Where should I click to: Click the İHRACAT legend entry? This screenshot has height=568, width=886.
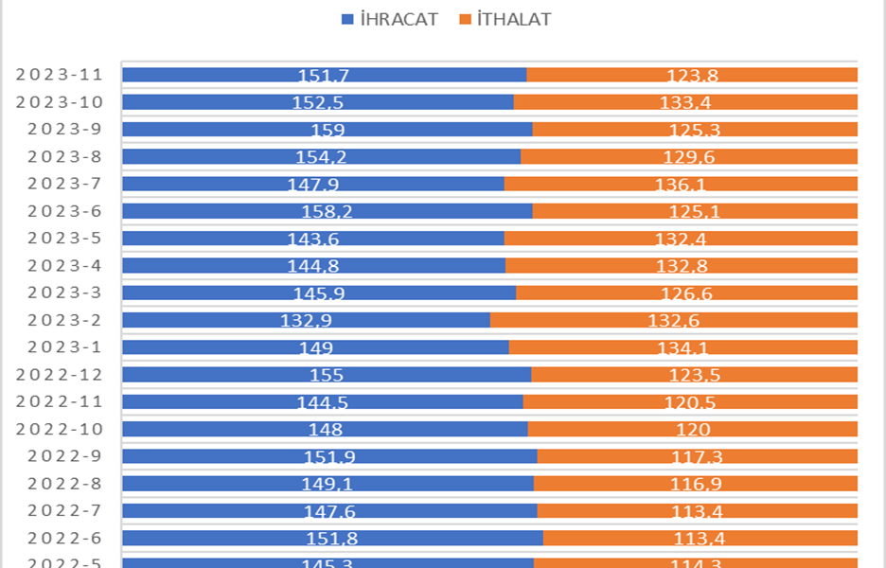389,19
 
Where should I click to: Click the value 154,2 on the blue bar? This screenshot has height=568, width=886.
322,157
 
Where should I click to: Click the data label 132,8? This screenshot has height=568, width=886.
682,266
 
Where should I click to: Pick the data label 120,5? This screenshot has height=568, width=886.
690,402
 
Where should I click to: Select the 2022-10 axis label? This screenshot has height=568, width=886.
60,429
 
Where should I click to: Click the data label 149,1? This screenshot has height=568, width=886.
328,484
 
